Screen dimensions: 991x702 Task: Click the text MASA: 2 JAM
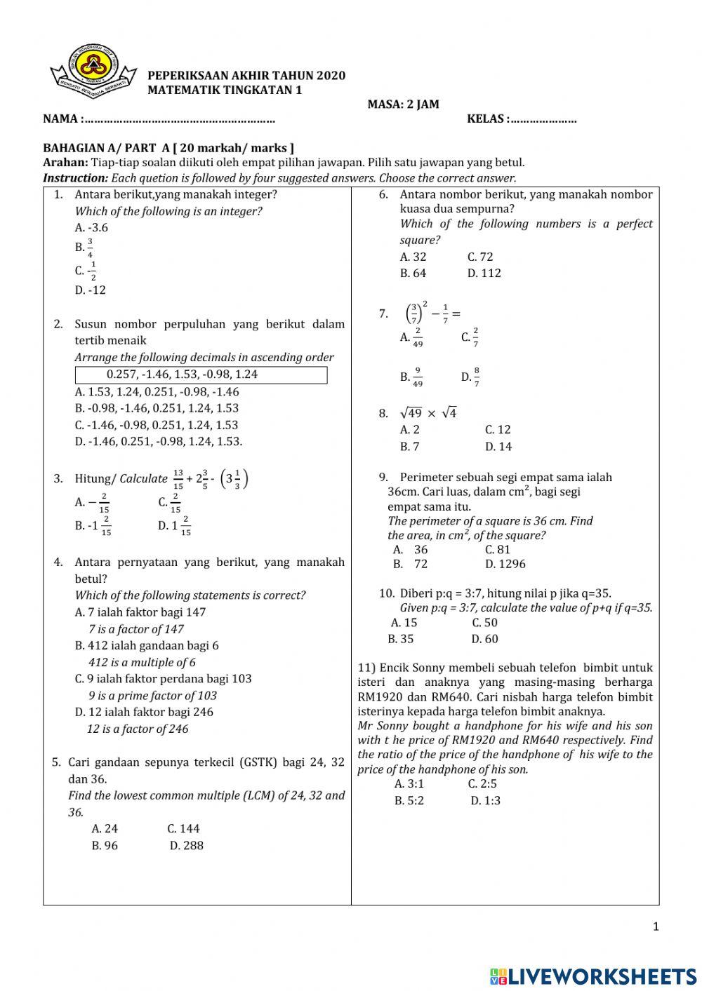pyautogui.click(x=403, y=105)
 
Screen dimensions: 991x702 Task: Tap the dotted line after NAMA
pyautogui.click(x=178, y=119)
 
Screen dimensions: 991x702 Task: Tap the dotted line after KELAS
pyautogui.click(x=543, y=119)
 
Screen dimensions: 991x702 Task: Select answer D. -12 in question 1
pyautogui.click(x=91, y=290)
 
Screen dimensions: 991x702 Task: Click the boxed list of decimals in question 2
pyautogui.click(x=201, y=375)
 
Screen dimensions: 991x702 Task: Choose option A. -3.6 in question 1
pyautogui.click(x=91, y=228)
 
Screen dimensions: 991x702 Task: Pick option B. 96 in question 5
pyautogui.click(x=105, y=846)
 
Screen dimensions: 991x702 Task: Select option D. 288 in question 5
pyautogui.click(x=186, y=846)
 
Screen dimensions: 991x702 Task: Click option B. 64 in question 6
pyautogui.click(x=413, y=274)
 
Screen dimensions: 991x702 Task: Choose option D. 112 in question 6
pyautogui.click(x=484, y=274)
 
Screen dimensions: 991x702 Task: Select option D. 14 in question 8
pyautogui.click(x=498, y=447)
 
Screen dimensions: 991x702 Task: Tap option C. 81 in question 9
pyautogui.click(x=498, y=550)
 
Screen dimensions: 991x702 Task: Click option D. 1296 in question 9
pyautogui.click(x=505, y=564)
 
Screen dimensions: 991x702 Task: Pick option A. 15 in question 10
pyautogui.click(x=404, y=623)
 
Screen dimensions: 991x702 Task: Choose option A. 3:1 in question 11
pyautogui.click(x=409, y=784)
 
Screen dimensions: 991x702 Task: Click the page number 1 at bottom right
pyautogui.click(x=656, y=927)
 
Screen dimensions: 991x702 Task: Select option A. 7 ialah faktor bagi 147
pyautogui.click(x=140, y=612)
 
